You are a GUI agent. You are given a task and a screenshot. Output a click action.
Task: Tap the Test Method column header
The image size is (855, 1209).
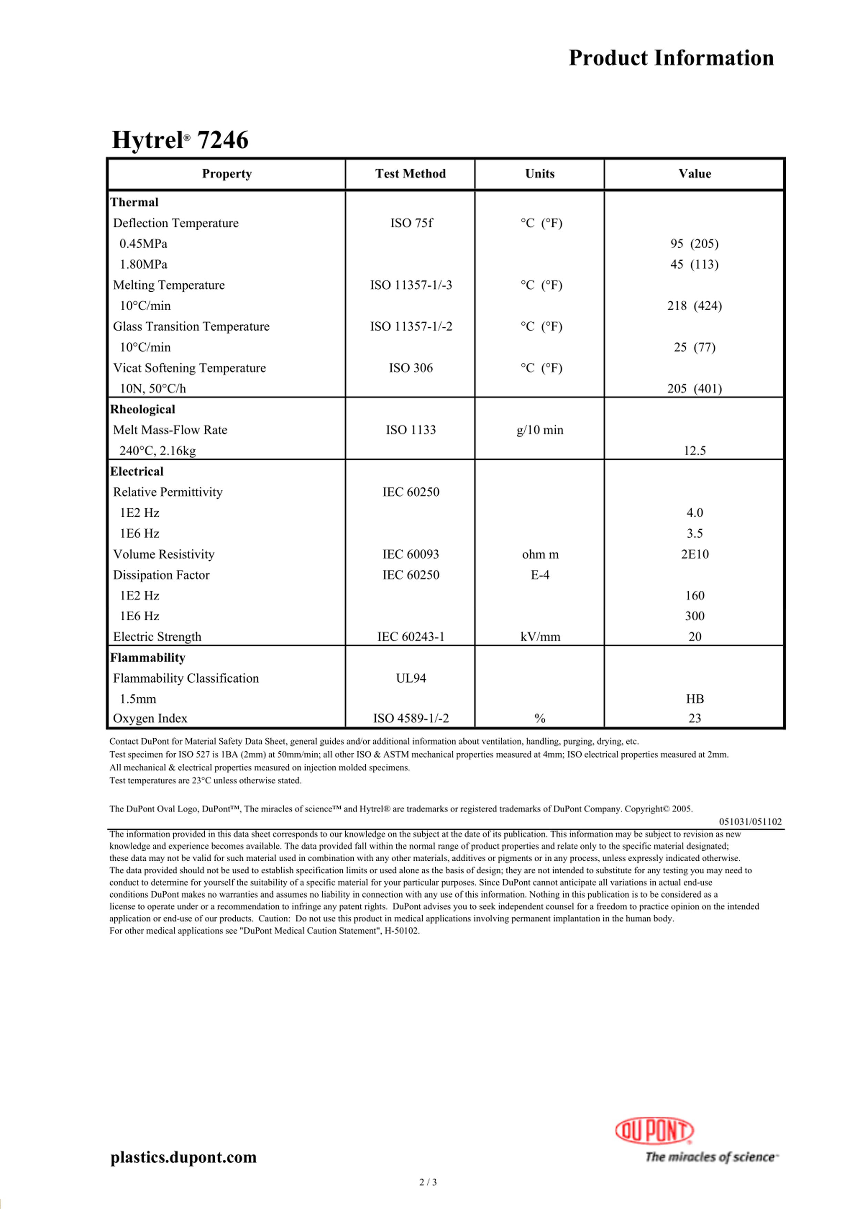tap(410, 174)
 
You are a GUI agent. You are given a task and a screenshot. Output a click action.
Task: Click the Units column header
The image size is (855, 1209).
tap(540, 174)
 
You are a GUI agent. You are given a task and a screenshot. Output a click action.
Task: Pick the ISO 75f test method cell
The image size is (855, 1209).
tap(411, 223)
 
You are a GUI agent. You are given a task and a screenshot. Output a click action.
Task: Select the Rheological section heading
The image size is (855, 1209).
tap(142, 409)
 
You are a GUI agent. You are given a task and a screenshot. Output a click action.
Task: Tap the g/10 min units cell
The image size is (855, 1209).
tap(540, 430)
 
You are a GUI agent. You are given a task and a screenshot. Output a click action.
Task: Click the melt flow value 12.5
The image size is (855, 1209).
tap(694, 451)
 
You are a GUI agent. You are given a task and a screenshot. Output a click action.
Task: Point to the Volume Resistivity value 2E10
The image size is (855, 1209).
tap(694, 555)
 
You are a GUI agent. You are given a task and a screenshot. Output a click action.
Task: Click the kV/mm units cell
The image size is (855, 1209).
tap(540, 637)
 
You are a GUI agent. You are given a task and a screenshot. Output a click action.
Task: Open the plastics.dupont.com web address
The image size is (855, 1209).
tap(183, 1157)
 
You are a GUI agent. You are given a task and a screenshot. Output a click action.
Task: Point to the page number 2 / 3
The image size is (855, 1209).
tap(428, 1182)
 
